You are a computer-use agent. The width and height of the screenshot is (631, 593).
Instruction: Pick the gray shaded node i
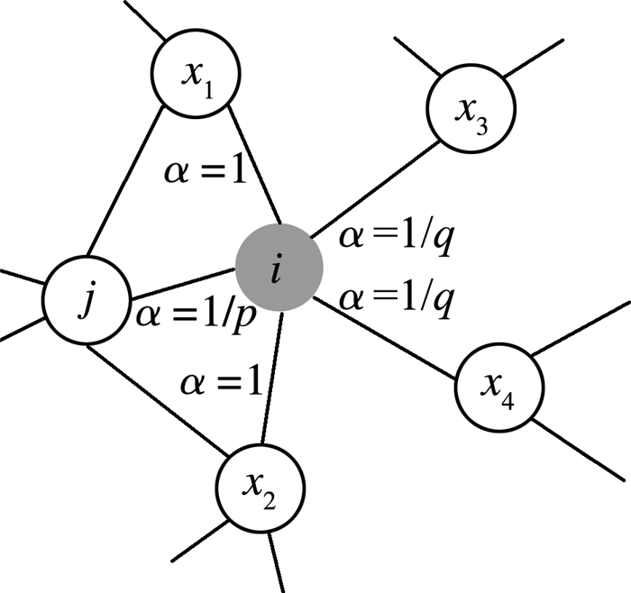(x=279, y=268)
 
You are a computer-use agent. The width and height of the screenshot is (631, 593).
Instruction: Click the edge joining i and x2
(x=271, y=379)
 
